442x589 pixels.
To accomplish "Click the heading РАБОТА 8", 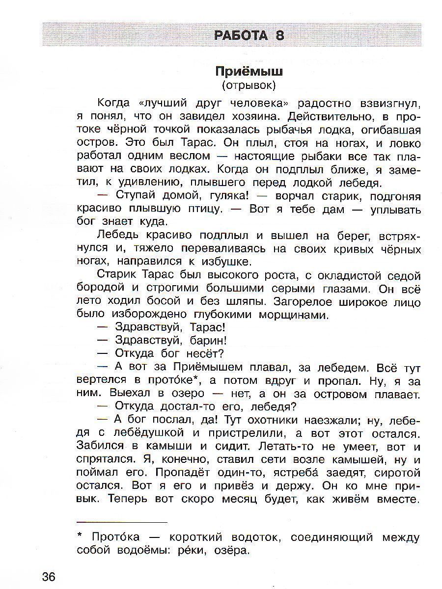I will point(249,36).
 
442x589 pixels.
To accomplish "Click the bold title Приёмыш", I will point(249,71).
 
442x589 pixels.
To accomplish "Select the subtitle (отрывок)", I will point(249,85).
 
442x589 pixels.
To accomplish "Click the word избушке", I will point(226,262).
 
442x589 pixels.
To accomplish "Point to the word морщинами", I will point(285,315).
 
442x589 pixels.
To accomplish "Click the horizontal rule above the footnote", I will point(122,522).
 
